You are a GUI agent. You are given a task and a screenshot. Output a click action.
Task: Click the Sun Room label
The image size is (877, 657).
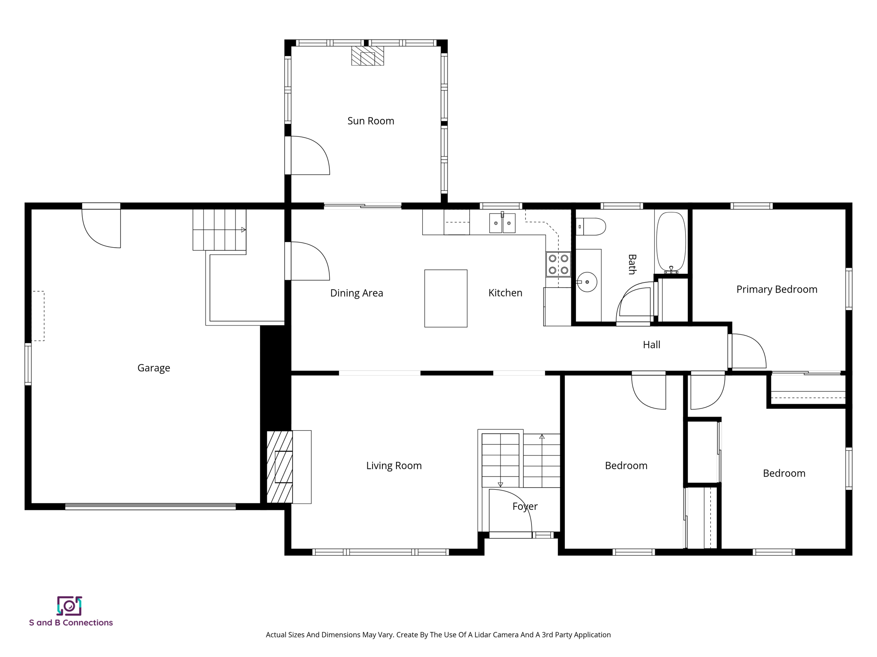click(370, 121)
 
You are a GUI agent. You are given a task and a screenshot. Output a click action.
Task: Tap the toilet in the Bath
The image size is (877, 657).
click(591, 226)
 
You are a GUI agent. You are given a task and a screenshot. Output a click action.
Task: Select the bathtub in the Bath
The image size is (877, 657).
click(671, 242)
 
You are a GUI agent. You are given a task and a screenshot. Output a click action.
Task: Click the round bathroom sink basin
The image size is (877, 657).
click(587, 282)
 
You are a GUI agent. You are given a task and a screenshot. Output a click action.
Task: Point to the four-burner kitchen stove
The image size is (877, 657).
click(558, 264)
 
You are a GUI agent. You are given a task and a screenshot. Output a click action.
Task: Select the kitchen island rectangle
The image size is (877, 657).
click(445, 298)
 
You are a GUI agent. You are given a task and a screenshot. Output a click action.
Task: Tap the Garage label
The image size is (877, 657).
click(153, 368)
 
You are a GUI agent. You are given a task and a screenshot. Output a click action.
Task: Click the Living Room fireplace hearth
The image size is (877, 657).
click(280, 467)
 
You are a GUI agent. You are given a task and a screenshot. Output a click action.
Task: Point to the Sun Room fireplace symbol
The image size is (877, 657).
click(367, 56)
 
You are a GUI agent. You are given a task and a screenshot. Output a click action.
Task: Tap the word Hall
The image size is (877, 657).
click(651, 345)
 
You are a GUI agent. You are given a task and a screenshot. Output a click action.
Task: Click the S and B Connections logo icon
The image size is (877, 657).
click(69, 606)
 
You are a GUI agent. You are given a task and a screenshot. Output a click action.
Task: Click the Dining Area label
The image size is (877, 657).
click(356, 293)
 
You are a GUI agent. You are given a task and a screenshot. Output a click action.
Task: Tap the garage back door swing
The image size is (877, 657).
click(101, 228)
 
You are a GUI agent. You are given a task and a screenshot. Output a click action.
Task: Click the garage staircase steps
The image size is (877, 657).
click(219, 230)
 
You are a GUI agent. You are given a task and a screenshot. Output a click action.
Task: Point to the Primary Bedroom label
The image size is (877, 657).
click(776, 290)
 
